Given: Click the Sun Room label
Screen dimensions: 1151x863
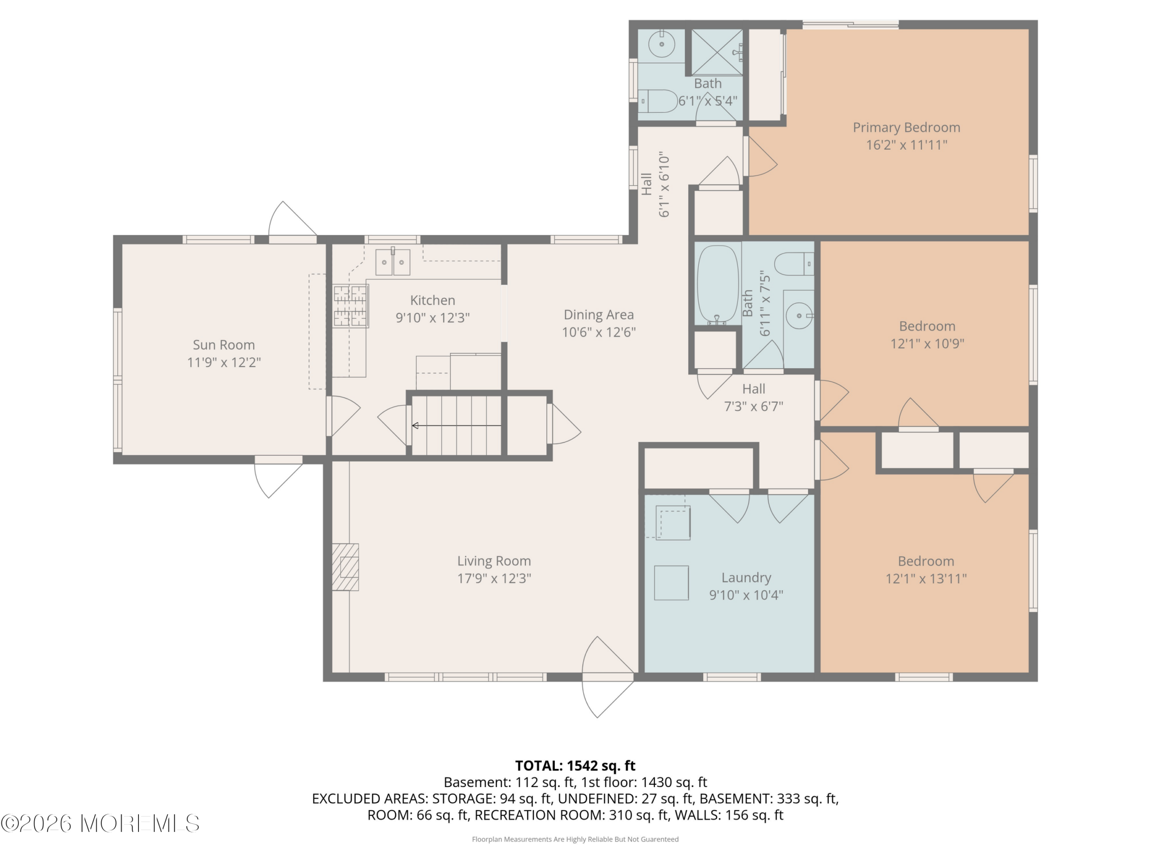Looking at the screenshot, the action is pos(224,345).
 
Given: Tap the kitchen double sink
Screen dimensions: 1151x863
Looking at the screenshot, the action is pos(393,262).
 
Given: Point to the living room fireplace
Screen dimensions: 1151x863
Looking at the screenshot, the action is pos(345,567).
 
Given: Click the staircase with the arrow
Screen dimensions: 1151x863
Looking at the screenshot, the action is pos(456,426).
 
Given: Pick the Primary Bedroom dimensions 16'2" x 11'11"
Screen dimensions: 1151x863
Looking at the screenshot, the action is pos(906,145).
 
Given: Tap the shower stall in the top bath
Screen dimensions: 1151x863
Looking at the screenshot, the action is pos(717,52).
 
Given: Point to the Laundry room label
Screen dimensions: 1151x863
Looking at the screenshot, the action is pos(746,578).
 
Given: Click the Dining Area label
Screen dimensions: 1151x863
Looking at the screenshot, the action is pos(599,315).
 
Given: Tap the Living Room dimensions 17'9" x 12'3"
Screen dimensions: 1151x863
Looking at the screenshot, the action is pos(494,578).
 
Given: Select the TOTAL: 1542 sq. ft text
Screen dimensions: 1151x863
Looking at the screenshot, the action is pos(575,766).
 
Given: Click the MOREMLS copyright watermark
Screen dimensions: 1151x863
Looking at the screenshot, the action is pos(100,823).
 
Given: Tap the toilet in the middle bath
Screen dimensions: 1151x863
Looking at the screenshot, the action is pos(794,264).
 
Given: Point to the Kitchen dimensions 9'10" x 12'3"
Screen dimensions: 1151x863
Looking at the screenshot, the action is pos(433,318).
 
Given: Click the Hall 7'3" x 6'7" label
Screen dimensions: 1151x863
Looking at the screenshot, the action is pos(754,397).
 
